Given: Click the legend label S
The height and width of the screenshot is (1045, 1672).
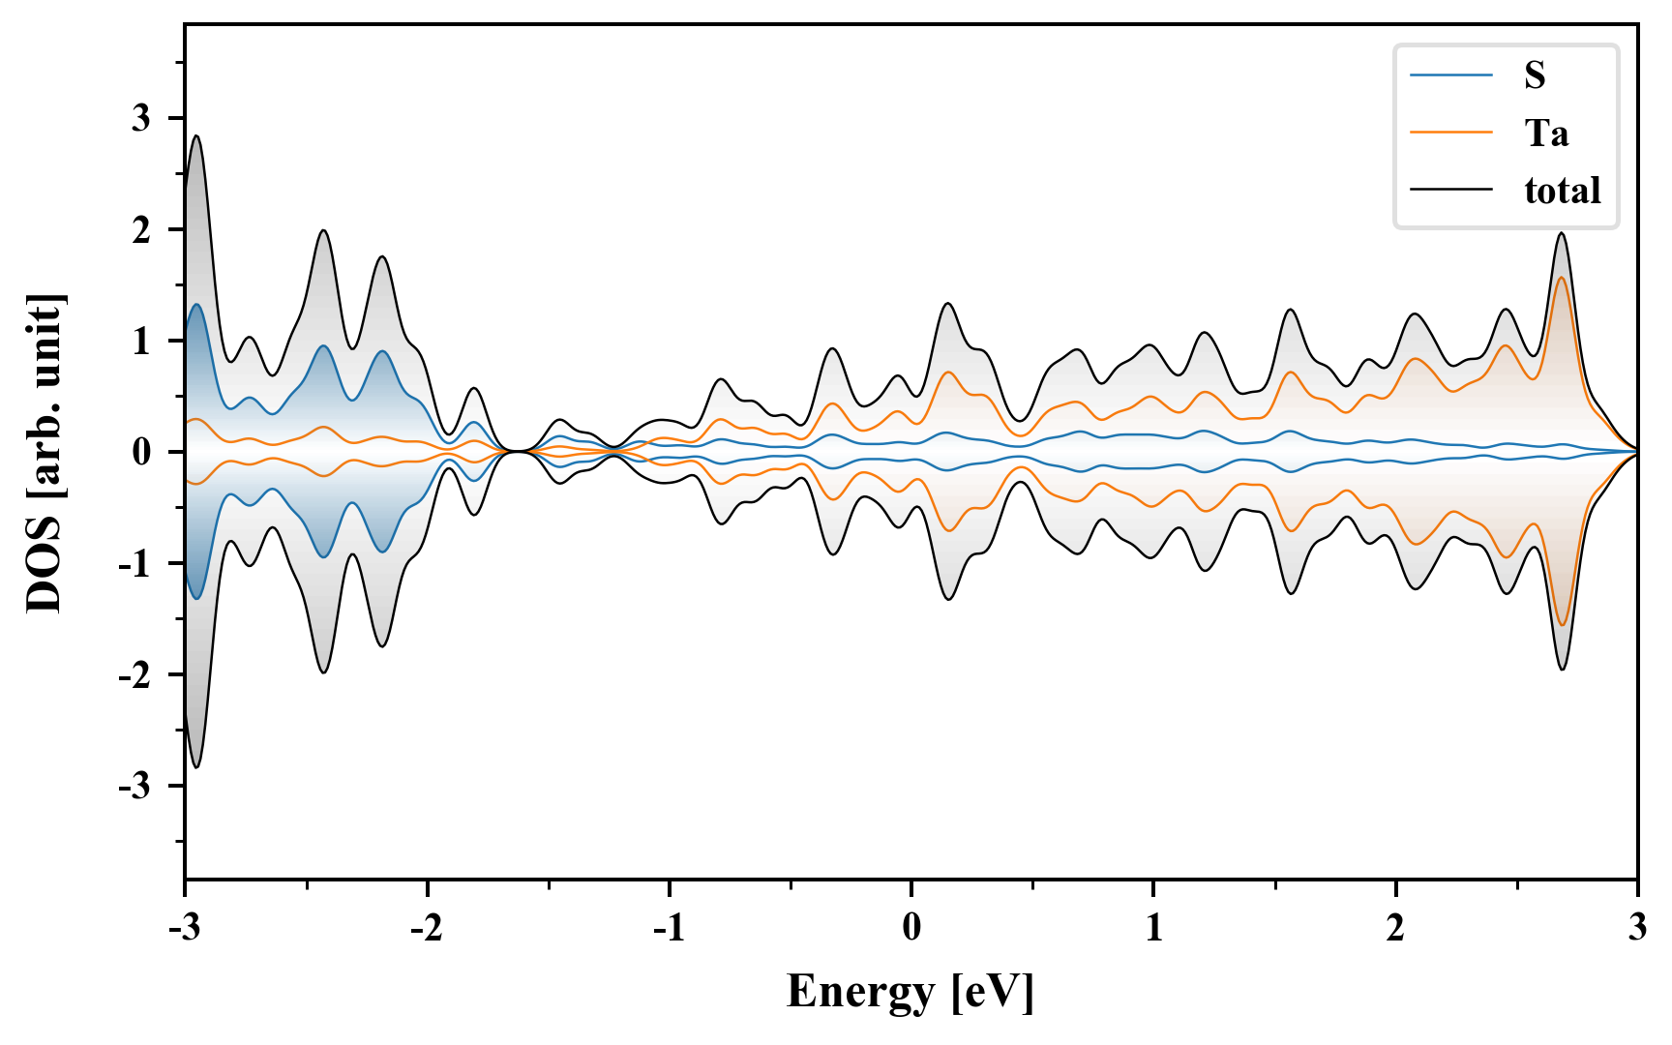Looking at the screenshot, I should click(1535, 75).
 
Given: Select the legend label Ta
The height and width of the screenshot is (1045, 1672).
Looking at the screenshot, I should click(1546, 133).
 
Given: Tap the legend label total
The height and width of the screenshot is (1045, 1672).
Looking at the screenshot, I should click(1562, 190).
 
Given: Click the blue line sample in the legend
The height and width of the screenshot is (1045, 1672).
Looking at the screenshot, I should click(1450, 75).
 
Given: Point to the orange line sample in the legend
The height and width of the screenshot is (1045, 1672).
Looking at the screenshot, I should click(1450, 133).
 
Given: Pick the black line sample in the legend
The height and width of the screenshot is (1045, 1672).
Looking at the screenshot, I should click(1450, 190).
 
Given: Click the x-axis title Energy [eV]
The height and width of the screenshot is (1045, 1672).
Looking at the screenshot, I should click(911, 991).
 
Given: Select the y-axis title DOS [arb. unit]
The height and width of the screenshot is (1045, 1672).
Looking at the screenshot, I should click(45, 453).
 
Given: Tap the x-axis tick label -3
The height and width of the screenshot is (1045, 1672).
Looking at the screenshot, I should click(184, 928).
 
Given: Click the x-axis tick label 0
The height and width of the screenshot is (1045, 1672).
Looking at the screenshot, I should click(911, 928).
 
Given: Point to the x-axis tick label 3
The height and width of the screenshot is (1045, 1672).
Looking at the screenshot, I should click(1637, 928).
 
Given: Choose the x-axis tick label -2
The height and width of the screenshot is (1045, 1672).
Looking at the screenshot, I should click(426, 928).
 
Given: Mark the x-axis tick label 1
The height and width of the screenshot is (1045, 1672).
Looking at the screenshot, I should click(1153, 928).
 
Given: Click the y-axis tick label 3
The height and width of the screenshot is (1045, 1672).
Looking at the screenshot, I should click(142, 118).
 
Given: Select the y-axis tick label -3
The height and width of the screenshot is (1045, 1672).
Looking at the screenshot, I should click(136, 786).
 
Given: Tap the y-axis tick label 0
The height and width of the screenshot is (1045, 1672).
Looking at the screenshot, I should click(142, 452).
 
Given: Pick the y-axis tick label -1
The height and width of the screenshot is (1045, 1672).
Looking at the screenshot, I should click(136, 563).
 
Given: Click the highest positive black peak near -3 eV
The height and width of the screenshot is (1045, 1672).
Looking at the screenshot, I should click(196, 136).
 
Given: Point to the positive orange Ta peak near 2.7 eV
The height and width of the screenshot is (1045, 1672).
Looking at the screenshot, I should click(1561, 279).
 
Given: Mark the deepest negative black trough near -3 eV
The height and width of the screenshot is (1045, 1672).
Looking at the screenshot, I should click(196, 767).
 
